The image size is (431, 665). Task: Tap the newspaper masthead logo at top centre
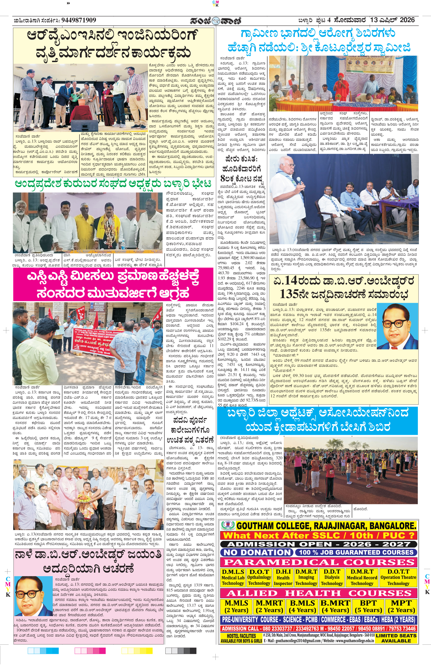point(215,21)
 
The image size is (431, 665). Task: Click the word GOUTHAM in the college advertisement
point(258,526)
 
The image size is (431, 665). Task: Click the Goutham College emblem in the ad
point(228,525)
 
